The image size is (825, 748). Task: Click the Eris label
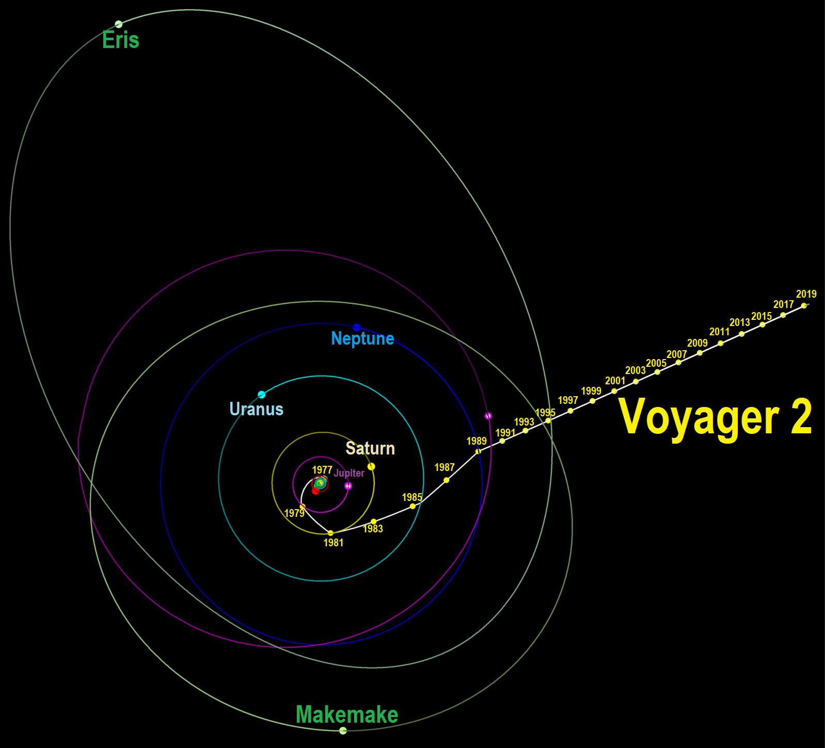coord(121,40)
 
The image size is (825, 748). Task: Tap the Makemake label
coord(347,714)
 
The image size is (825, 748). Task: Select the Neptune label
coord(362,338)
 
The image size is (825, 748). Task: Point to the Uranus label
coord(256,409)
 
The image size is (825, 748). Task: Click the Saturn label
coord(370,448)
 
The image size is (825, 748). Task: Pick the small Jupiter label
coord(349,473)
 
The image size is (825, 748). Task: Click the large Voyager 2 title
coord(715,417)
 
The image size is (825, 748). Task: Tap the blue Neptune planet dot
coord(356,328)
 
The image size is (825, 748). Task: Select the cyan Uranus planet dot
coord(262,395)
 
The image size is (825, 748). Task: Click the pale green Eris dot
coord(119,24)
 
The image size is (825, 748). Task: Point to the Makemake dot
coord(343,730)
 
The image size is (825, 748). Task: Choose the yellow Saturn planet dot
coord(371,466)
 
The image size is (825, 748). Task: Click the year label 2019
coord(806,294)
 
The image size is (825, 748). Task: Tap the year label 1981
coord(333,543)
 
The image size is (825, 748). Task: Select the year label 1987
coord(445,467)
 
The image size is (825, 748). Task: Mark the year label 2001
coord(615,381)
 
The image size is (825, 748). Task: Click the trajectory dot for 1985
coord(412,506)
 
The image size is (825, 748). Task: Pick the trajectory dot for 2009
coord(700,353)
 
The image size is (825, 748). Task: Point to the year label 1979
coord(294,513)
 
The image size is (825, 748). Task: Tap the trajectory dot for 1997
coord(570,411)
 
